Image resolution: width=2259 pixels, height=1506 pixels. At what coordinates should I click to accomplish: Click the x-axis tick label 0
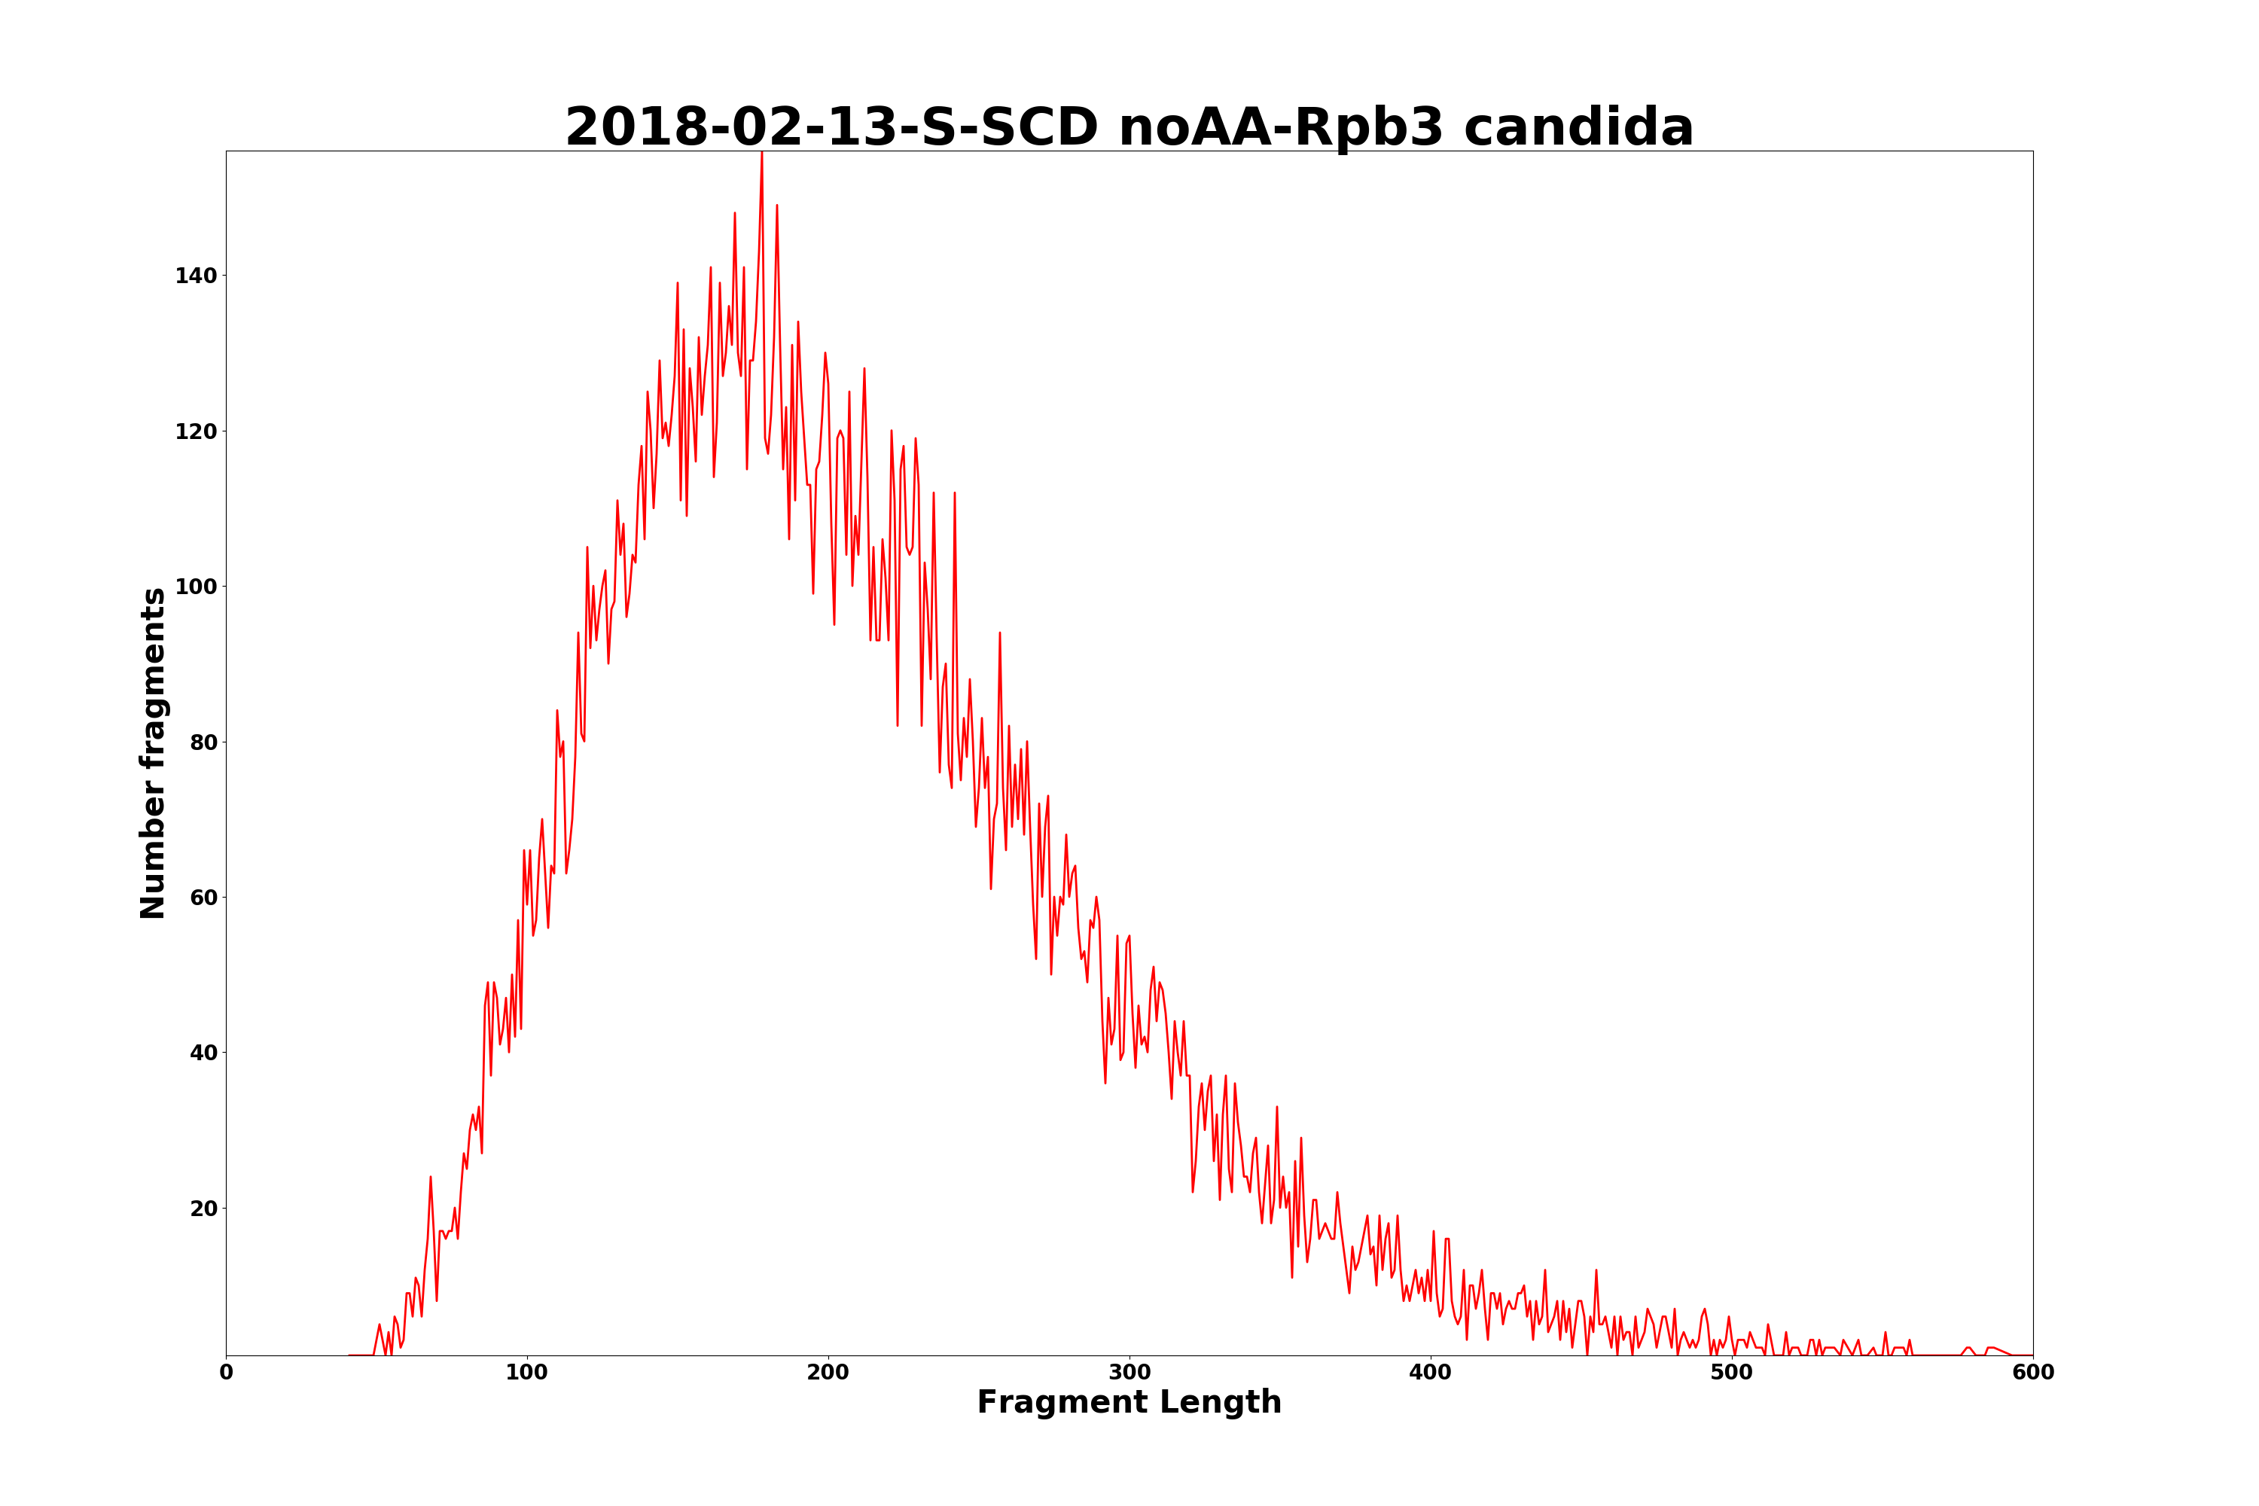tap(227, 1373)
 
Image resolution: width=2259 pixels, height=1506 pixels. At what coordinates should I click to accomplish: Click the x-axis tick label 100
tap(527, 1373)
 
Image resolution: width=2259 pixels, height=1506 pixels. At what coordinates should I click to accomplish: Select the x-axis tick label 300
tap(1129, 1373)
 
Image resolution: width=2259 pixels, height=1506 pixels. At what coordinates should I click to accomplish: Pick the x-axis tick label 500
tap(1732, 1373)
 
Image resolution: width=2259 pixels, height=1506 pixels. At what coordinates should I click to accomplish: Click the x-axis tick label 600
tap(2032, 1373)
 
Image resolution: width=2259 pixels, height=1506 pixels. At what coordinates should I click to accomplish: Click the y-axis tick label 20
tap(203, 1209)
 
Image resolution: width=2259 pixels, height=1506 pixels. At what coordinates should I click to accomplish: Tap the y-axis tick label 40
tap(203, 1053)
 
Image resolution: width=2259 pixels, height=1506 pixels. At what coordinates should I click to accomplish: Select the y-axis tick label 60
tap(203, 897)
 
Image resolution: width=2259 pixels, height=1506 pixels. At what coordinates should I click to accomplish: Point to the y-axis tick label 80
tap(203, 742)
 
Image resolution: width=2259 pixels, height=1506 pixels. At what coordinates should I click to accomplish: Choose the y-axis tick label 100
tap(196, 587)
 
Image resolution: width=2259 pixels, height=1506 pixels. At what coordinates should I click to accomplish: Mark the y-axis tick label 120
tap(196, 431)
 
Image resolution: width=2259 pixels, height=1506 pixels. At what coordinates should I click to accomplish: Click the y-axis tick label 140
tap(196, 276)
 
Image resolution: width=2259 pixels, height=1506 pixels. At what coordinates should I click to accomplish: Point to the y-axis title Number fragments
tap(153, 753)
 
